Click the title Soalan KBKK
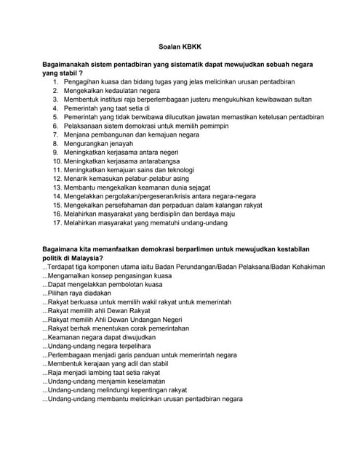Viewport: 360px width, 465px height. click(180, 45)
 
